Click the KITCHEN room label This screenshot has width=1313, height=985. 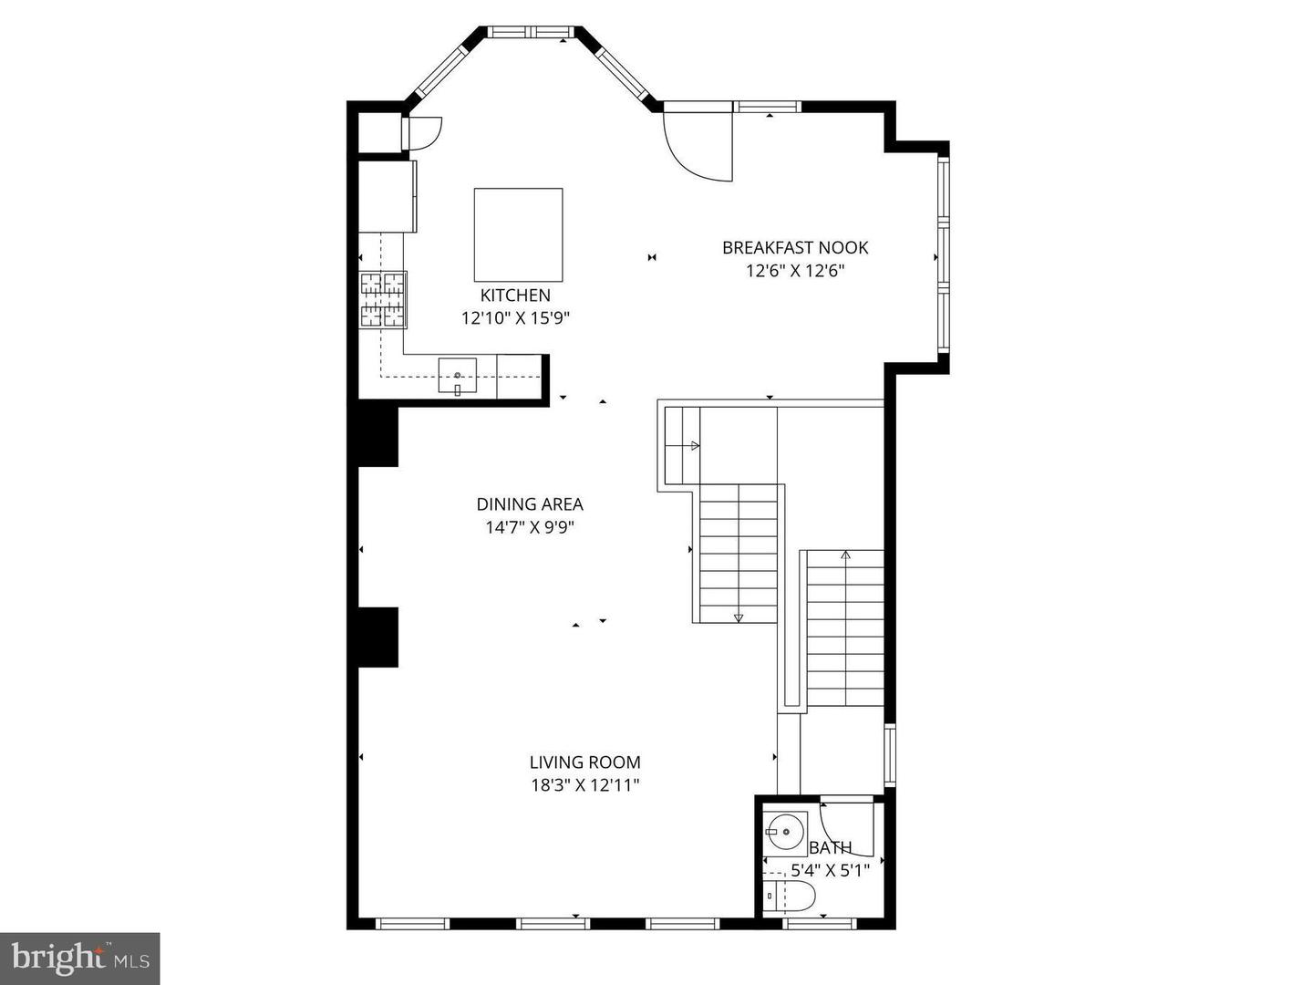point(515,295)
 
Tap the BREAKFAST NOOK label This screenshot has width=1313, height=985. point(795,247)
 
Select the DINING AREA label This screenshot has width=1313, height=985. point(530,504)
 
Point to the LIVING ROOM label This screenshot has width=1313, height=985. point(584,762)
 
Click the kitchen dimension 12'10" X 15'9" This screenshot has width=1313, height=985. point(515,318)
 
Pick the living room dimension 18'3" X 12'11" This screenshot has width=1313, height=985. point(584,785)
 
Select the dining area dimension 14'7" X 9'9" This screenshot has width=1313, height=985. point(530,527)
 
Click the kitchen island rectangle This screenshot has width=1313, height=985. point(518,234)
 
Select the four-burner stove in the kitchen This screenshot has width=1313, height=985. point(383,300)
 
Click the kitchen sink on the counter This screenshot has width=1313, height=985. point(458,376)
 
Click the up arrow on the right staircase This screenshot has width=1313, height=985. point(845,555)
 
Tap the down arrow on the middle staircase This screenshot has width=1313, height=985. point(739,617)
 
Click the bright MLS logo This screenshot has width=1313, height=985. point(80,958)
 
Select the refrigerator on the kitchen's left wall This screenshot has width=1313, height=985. point(388,196)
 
